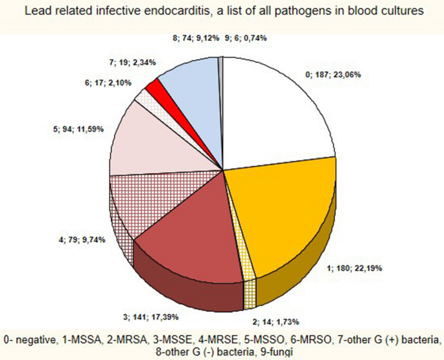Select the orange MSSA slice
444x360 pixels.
click(279, 208)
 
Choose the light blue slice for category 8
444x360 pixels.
click(188, 78)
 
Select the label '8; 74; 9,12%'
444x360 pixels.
click(196, 38)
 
